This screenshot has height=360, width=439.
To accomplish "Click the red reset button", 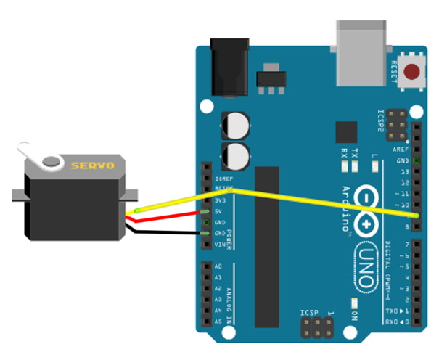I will (413, 73).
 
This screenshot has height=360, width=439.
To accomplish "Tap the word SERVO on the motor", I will (92, 166).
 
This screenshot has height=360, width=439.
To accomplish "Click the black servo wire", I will (167, 233).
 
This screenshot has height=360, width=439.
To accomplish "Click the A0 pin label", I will (218, 267).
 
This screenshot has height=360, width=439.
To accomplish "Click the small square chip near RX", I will (346, 131).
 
